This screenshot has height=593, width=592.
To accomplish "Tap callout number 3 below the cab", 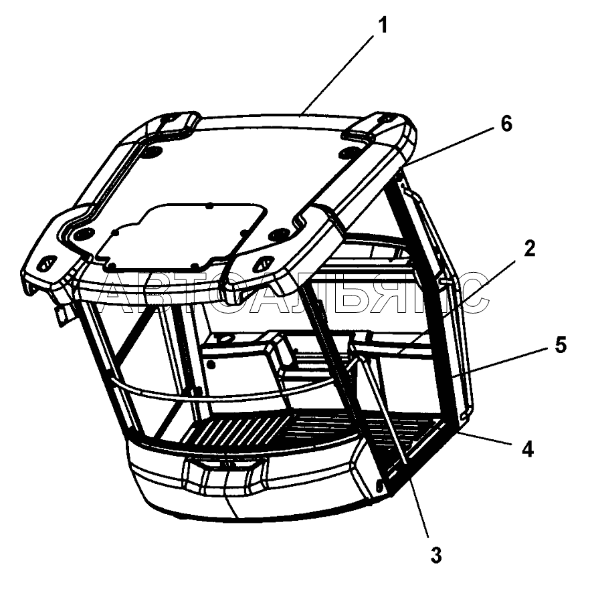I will pos(435,554).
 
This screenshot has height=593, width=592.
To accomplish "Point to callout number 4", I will pos(528,450).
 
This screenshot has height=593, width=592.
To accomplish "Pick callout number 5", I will pos(560,346).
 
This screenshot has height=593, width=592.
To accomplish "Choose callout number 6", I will pos(506,123).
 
